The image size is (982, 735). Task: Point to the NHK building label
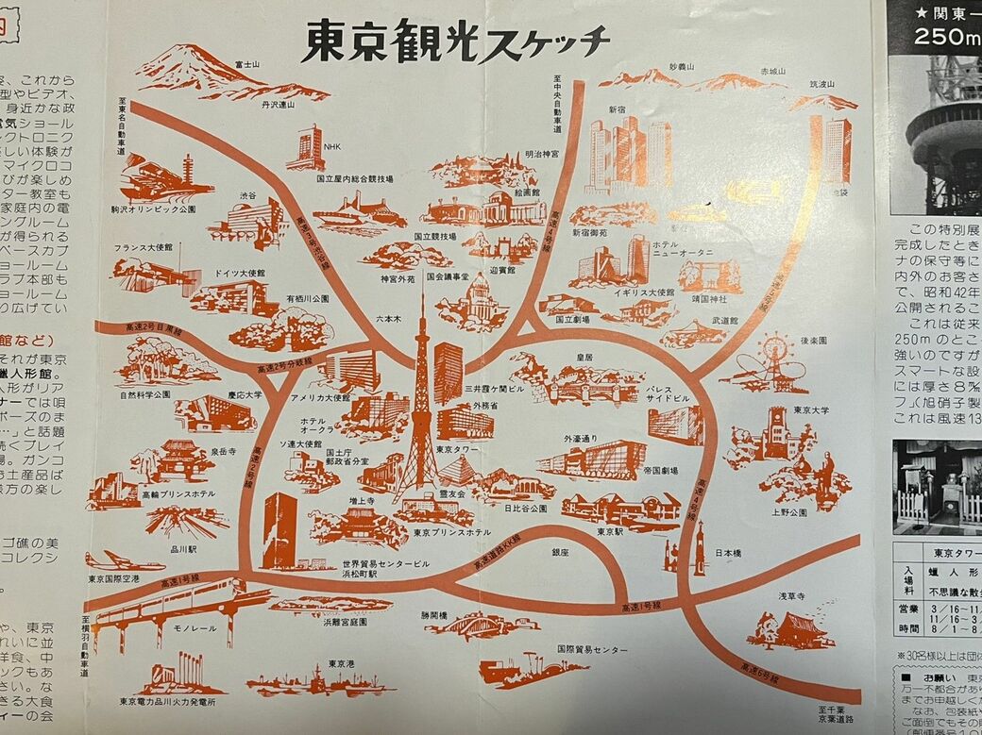tap(332, 147)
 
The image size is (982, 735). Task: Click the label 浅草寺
tap(790, 596)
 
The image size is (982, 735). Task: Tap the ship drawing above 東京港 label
tap(321, 681)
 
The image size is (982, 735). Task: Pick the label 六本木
tap(389, 319)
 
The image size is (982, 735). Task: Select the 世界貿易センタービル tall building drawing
tap(280, 531)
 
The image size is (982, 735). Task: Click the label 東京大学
tap(812, 410)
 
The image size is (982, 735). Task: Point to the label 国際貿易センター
tap(591, 650)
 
